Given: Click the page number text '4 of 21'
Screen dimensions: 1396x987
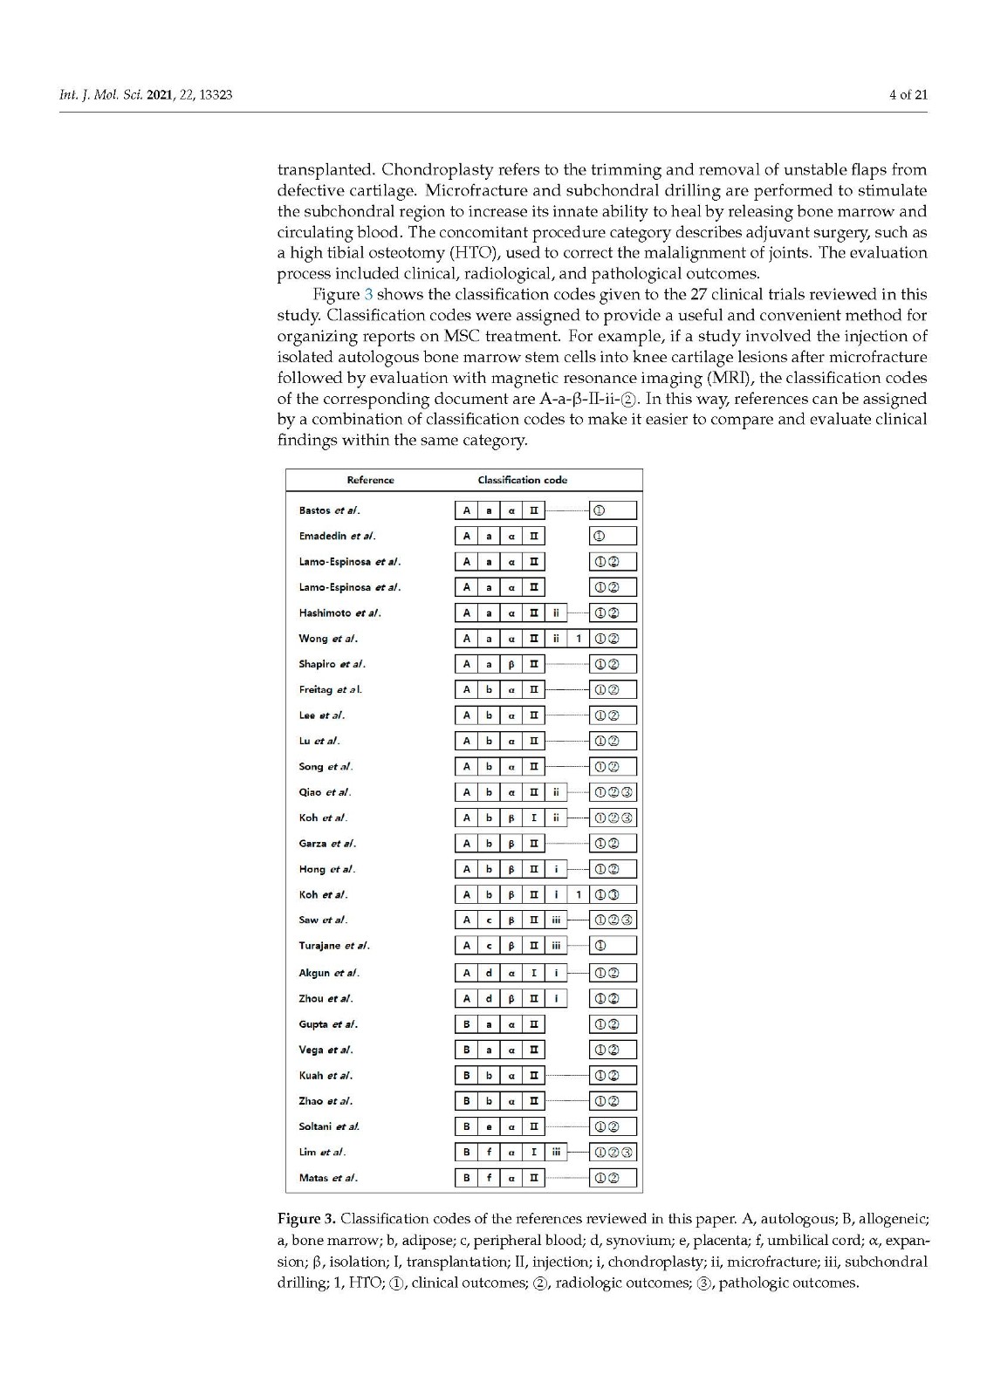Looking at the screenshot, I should coord(908,94).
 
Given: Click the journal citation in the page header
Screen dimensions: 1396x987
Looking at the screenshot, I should coord(145,94).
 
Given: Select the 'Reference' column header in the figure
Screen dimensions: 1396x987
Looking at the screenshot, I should coord(370,480).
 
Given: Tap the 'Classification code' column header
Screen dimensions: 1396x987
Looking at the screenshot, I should coord(522,480).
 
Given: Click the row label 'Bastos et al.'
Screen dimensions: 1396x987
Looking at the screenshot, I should coord(329,510).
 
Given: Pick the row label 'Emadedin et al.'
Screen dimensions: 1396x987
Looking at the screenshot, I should coord(337,536).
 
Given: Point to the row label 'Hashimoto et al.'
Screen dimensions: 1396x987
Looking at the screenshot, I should coord(339,612).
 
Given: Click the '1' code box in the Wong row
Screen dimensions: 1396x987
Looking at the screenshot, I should coord(579,639).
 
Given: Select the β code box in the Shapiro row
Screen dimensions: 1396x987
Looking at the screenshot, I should coord(511,664).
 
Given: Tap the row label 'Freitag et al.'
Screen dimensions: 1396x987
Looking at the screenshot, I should coord(330,689).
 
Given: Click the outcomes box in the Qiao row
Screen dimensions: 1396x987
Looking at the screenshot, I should coord(613,792).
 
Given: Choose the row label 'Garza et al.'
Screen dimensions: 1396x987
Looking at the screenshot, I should coord(327,844).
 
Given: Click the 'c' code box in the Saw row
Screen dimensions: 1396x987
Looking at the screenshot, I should coord(489,920).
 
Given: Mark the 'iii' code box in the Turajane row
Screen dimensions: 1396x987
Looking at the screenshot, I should coord(556,945).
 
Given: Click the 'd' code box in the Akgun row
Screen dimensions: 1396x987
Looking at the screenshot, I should coord(489,973).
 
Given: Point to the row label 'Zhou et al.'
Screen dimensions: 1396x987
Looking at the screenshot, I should coord(326,998).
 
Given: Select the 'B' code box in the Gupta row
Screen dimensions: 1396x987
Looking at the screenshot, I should coord(466,1024).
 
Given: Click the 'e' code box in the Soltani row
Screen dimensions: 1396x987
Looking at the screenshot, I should coord(489,1126).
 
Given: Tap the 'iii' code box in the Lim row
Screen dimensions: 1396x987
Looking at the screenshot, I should coord(556,1152).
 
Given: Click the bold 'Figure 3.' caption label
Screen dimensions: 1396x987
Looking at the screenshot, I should coord(305,1218).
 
